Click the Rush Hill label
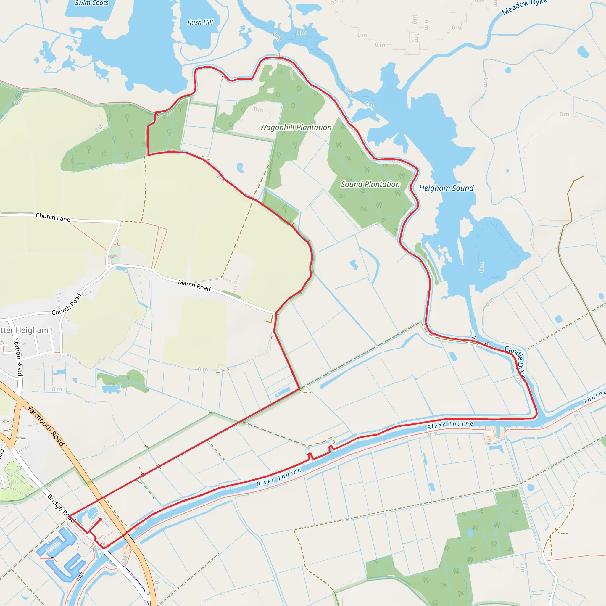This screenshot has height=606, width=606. click(x=200, y=22)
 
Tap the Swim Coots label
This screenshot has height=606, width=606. click(x=91, y=3)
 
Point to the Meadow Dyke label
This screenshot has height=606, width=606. click(x=524, y=7)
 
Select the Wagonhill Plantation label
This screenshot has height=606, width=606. click(x=296, y=127)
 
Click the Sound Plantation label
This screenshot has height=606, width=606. click(x=370, y=184)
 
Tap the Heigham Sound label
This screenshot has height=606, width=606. click(x=446, y=188)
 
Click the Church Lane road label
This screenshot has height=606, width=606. click(x=53, y=217)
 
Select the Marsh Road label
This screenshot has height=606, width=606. click(x=194, y=285)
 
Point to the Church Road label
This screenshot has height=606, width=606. click(x=67, y=304)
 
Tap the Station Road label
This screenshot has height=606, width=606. click(x=18, y=357)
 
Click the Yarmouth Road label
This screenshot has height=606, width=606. click(x=46, y=426)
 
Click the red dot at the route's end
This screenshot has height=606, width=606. click(x=100, y=519)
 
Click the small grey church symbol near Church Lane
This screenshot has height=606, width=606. click(x=113, y=256)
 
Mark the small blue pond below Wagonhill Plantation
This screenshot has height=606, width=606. click(x=240, y=168)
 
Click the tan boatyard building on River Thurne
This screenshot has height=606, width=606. click(x=490, y=434)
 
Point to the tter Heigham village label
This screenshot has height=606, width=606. click(x=25, y=330)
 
